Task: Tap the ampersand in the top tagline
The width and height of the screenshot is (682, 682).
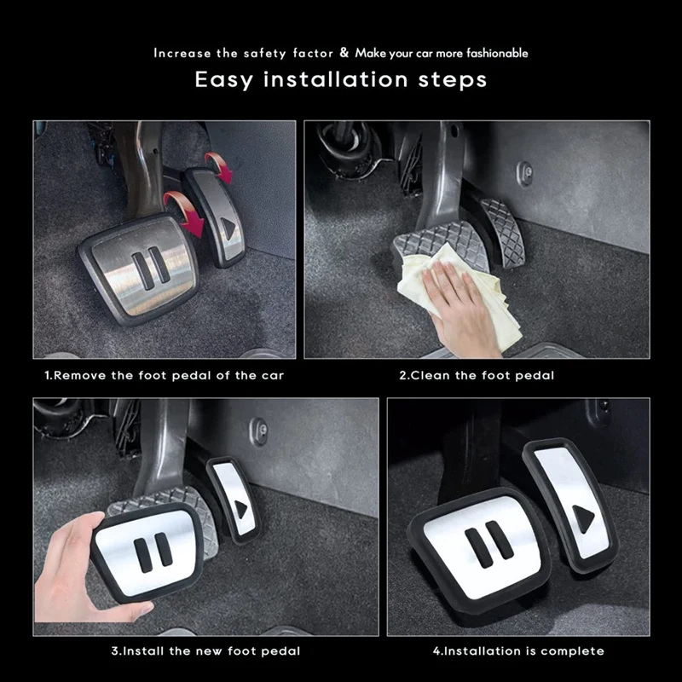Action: coord(344,53)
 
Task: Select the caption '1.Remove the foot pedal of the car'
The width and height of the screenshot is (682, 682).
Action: coord(165,375)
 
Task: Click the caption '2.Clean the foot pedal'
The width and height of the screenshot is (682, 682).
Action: coord(477,375)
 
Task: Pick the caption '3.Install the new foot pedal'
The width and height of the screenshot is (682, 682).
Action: coord(205,650)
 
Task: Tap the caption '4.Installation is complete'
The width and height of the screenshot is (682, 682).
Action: coord(518,650)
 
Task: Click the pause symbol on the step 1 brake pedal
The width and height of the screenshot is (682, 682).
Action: coord(146,269)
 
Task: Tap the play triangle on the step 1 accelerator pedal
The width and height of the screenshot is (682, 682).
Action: coord(228,227)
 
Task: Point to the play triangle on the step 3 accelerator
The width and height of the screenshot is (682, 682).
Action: coord(241,509)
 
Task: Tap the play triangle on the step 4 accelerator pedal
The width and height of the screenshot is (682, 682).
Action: coord(582,518)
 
